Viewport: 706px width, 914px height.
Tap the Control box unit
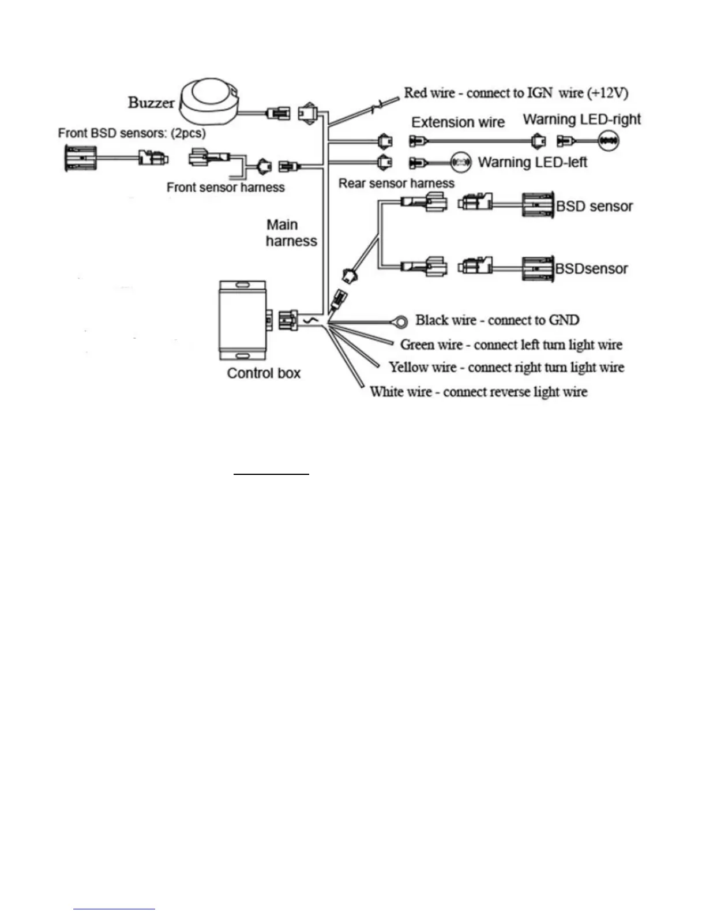point(242,321)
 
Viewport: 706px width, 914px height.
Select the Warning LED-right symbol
point(609,140)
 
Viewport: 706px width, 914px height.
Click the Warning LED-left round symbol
point(461,162)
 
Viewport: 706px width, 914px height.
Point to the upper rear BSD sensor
point(538,205)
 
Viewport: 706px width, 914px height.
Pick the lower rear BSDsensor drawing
point(538,268)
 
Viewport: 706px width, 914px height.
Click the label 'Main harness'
point(291,233)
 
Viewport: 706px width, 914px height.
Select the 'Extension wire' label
point(458,122)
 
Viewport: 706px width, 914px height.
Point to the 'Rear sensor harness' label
point(396,183)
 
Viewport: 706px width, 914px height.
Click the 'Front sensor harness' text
point(226,188)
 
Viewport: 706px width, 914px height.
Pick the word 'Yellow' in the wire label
point(408,367)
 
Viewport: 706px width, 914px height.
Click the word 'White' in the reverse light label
point(386,392)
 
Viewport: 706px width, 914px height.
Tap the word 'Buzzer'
point(151,103)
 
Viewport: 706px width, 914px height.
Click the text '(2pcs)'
point(188,133)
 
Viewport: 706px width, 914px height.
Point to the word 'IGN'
point(539,93)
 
